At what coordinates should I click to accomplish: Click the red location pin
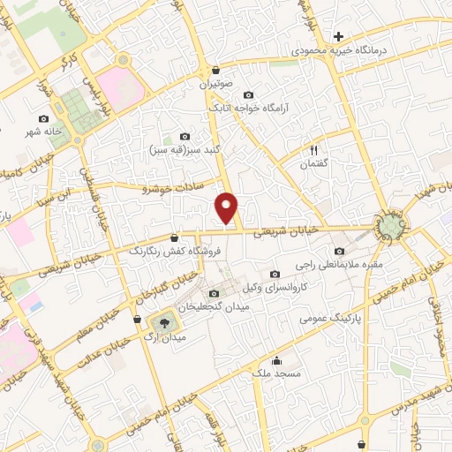click(x=228, y=208)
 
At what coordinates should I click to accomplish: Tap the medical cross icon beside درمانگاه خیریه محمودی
click(x=338, y=36)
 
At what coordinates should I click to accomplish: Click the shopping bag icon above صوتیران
click(x=215, y=70)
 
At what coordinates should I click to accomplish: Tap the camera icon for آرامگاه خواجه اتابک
click(x=247, y=94)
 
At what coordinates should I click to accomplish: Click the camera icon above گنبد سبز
click(x=185, y=136)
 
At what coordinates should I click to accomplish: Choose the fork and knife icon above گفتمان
click(x=312, y=150)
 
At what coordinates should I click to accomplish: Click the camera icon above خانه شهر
click(x=44, y=118)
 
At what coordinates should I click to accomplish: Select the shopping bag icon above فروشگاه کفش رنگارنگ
click(x=174, y=237)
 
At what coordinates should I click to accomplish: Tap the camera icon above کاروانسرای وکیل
click(x=275, y=274)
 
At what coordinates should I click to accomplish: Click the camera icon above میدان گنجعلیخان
click(x=214, y=293)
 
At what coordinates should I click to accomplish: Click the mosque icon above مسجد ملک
click(x=276, y=359)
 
